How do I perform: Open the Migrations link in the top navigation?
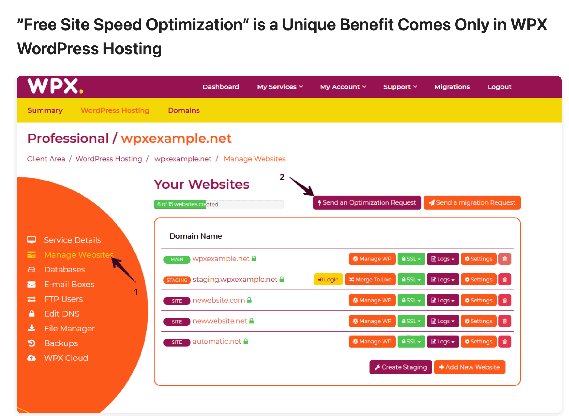(452, 87)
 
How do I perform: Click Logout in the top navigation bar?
(499, 87)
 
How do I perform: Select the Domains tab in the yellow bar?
(184, 110)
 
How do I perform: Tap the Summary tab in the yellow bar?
(45, 110)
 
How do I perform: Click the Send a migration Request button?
(472, 203)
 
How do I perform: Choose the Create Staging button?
(400, 367)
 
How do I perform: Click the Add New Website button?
(469, 367)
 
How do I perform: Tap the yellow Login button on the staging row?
(328, 280)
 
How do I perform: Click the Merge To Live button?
(370, 280)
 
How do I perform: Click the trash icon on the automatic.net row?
(505, 342)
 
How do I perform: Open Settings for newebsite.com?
(478, 300)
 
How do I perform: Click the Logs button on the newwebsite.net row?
(443, 321)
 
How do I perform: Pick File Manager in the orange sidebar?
(69, 329)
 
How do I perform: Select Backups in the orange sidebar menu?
(61, 343)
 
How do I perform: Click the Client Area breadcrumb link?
(46, 159)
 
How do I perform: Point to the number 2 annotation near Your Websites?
(282, 177)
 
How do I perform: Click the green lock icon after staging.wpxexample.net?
(282, 279)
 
